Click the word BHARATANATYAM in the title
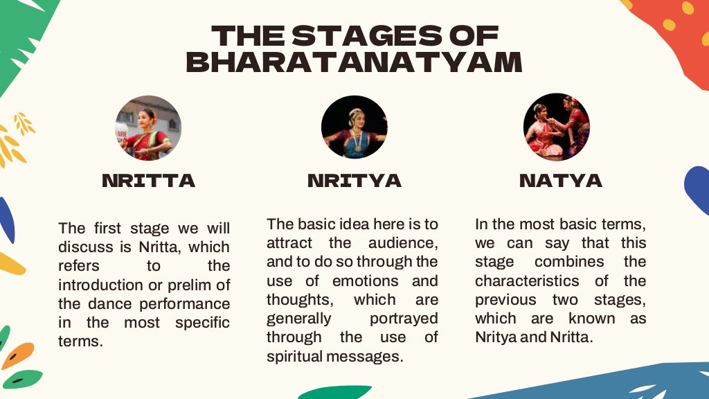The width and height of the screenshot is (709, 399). pos(354,62)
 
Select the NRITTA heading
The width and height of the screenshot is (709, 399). pos(148,181)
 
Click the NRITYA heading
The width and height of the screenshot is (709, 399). pos(354,181)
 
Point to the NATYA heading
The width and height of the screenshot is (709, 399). pos(561,181)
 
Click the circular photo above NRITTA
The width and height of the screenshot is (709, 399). pos(148,128)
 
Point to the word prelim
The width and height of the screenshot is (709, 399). pos(189,285)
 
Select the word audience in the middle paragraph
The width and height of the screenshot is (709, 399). pos(403,243)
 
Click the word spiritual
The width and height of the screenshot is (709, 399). pos(297,356)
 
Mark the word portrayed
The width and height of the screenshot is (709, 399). pos(404,318)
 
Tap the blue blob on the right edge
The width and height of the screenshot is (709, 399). pos(698,190)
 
